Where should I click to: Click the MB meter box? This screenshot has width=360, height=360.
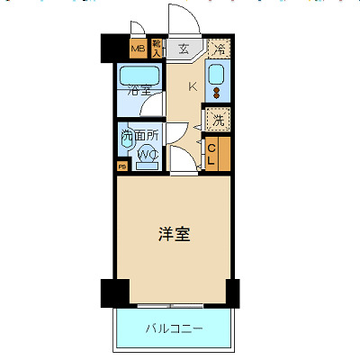pos(138,49)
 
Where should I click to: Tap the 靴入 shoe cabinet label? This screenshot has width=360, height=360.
pos(157,48)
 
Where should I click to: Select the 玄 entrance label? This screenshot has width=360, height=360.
pos(183,49)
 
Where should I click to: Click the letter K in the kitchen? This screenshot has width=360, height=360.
pos(193,87)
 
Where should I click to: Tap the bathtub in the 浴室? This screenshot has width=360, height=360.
pos(139,75)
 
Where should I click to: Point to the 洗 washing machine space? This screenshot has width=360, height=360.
pos(219,119)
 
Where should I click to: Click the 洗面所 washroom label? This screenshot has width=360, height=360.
pos(139,137)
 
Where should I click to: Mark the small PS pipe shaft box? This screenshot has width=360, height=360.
pos(121,166)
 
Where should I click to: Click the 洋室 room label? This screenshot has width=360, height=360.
pos(174,235)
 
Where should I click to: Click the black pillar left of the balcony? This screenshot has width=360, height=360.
pos(110,292)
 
